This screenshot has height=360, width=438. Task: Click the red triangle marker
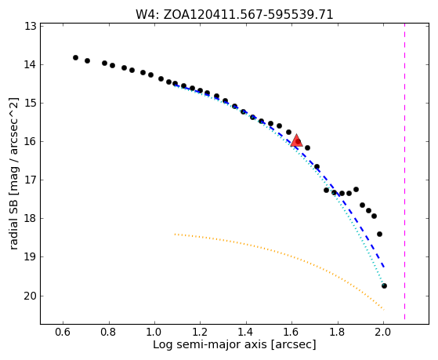[296, 140]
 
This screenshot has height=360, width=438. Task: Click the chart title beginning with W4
[234, 15]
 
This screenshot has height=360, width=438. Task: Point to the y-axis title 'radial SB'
[14, 173]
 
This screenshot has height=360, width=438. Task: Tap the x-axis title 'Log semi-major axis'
[234, 344]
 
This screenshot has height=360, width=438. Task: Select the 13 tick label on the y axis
[31, 27]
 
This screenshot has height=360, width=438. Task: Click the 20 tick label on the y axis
[31, 296]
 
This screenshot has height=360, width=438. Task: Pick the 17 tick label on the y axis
[31, 180]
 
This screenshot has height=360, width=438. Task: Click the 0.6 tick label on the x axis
[63, 332]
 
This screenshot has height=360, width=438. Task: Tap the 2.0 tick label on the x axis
[383, 332]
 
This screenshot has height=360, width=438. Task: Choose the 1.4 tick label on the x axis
[246, 332]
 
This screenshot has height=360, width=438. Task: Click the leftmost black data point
[75, 57]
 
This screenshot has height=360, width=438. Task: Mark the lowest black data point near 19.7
[384, 285]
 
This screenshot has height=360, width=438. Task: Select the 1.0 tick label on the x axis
[154, 332]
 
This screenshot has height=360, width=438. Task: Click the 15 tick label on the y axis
[31, 104]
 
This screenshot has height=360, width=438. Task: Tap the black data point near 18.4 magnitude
[379, 234]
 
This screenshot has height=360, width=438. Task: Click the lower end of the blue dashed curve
[384, 267]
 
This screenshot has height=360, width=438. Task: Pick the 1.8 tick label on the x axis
[338, 332]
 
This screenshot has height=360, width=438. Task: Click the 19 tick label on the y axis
[31, 257]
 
